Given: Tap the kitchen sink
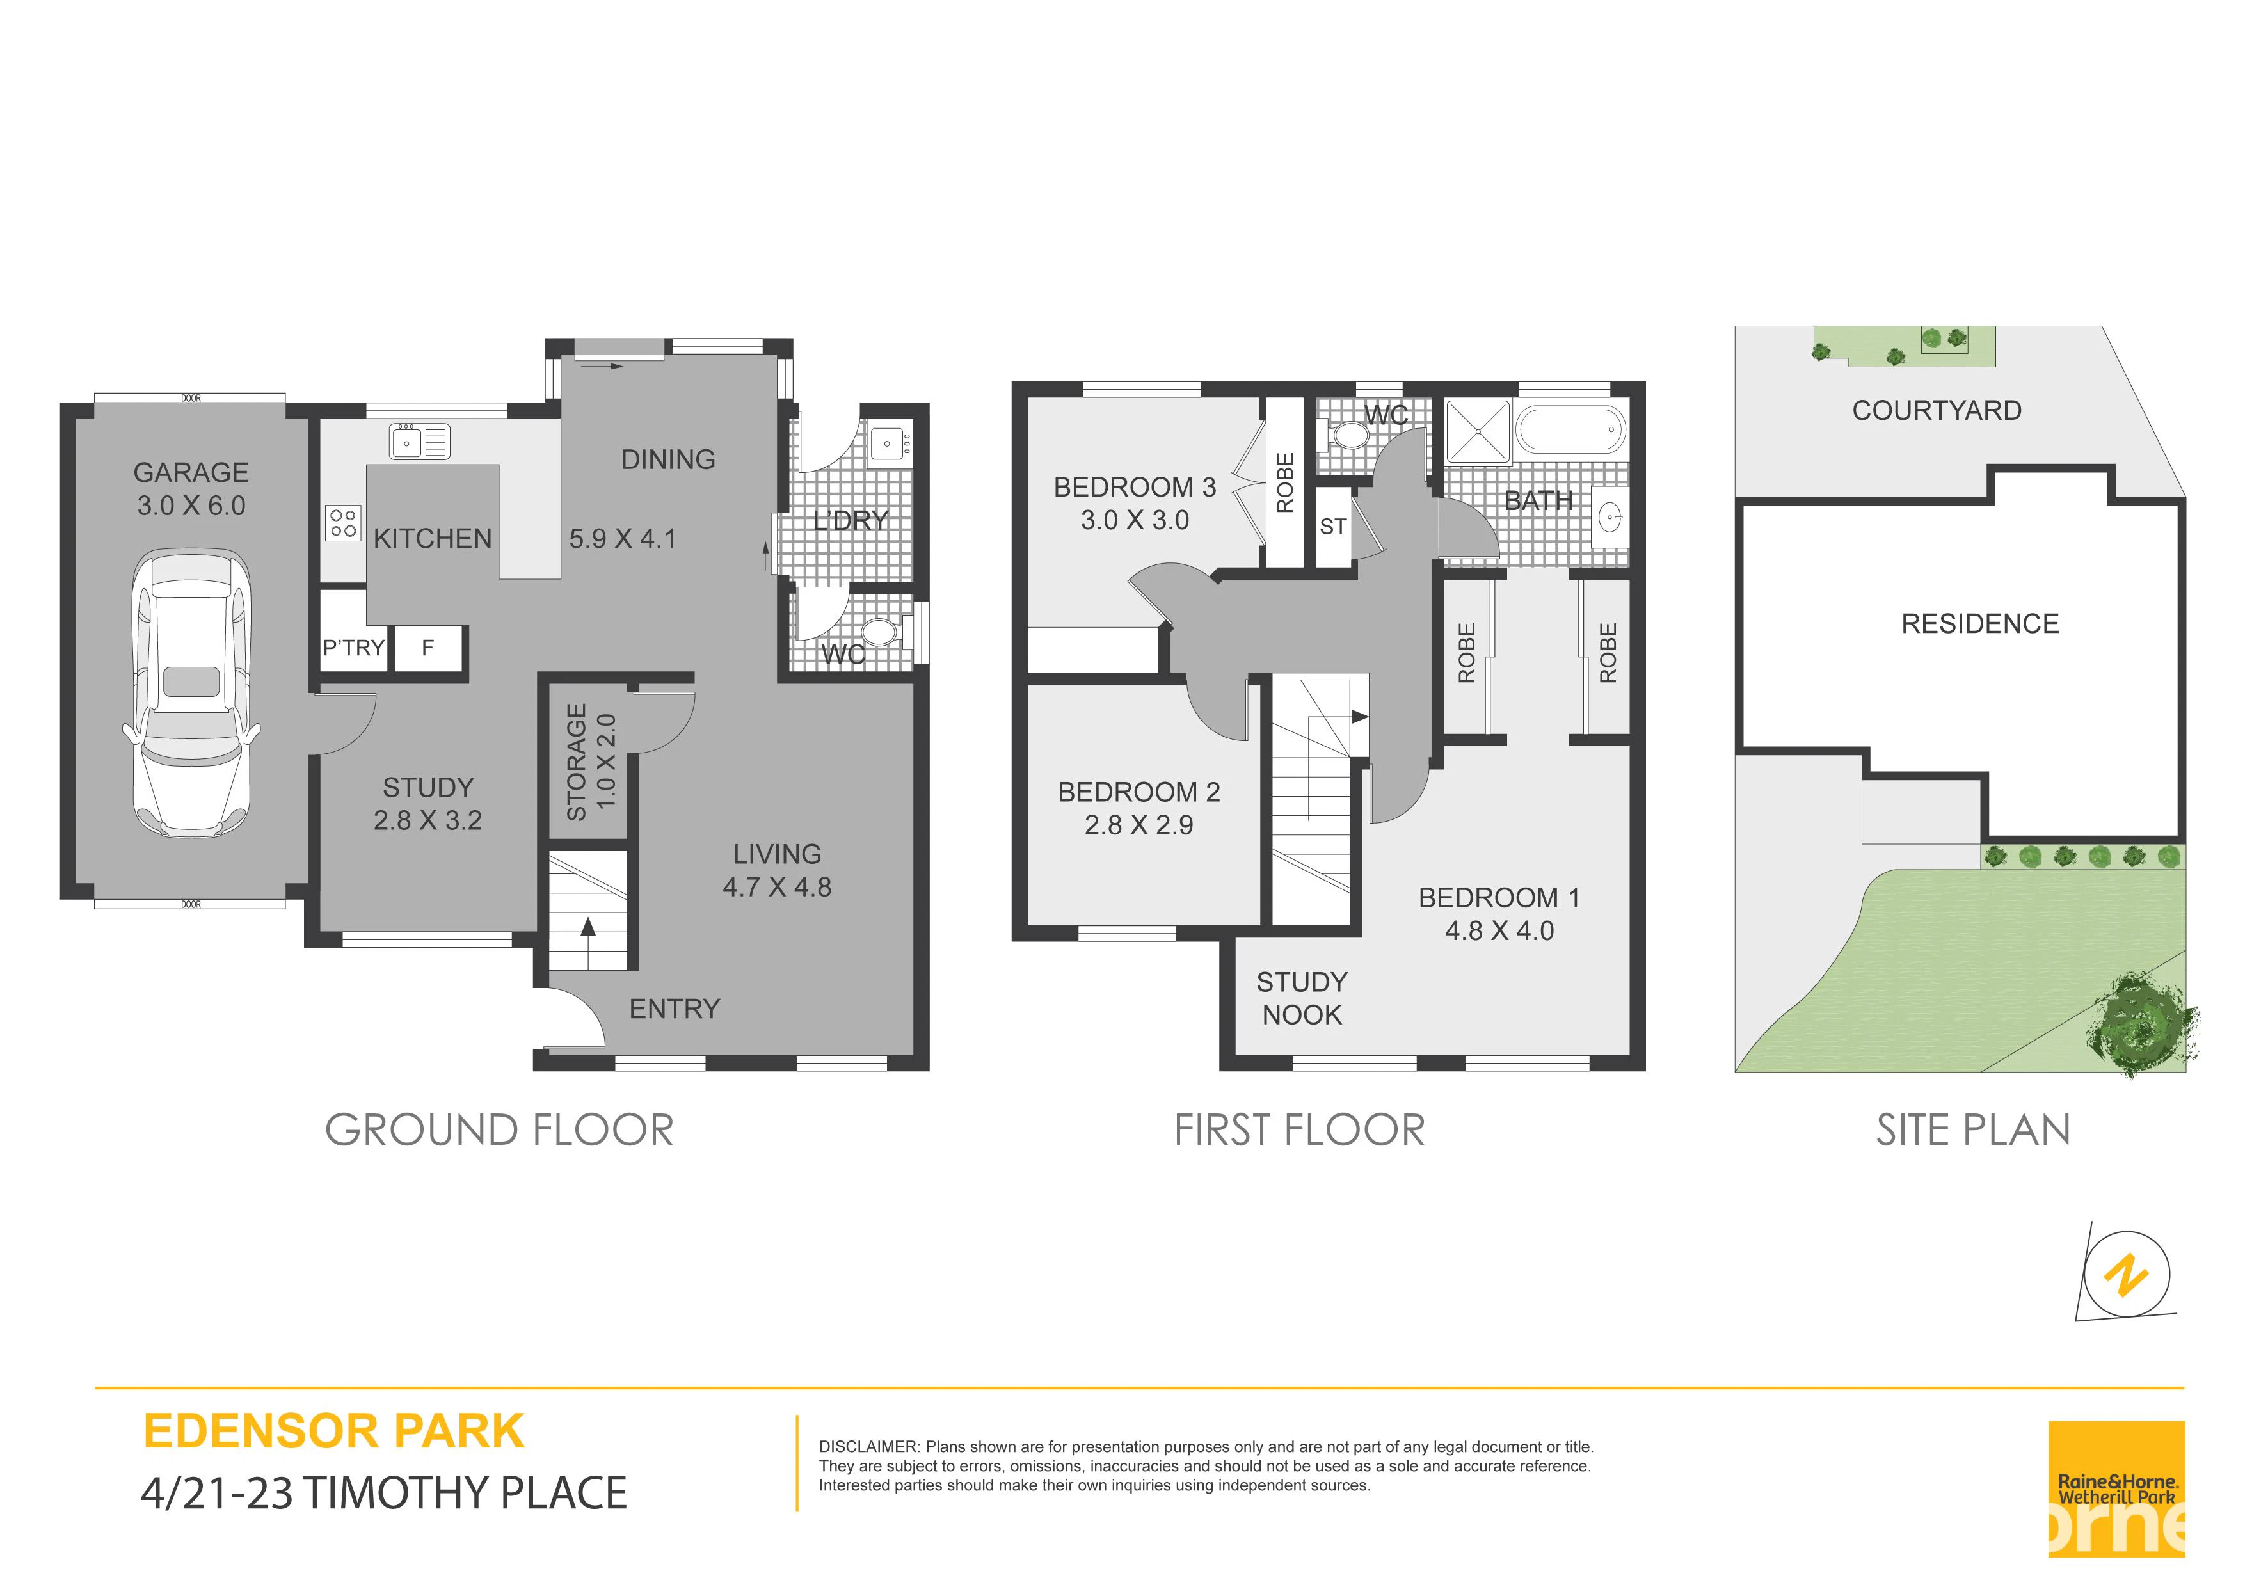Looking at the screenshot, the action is tap(419, 442).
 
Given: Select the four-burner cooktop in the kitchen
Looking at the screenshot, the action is tap(343, 523).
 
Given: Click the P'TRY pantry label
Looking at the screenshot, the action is tap(353, 648).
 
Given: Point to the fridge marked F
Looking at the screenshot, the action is tap(427, 648).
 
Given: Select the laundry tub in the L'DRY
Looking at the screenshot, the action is tap(889, 443).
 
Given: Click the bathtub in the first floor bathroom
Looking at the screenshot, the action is tap(1570, 429).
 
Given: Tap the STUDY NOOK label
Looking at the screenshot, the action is tap(1302, 998).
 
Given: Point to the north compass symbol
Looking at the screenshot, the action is tap(2127, 1275).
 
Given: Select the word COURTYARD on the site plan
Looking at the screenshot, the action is tap(1937, 411).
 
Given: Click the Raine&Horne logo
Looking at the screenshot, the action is tap(2116, 1489).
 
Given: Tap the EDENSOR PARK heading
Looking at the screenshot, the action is tap(335, 1431).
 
